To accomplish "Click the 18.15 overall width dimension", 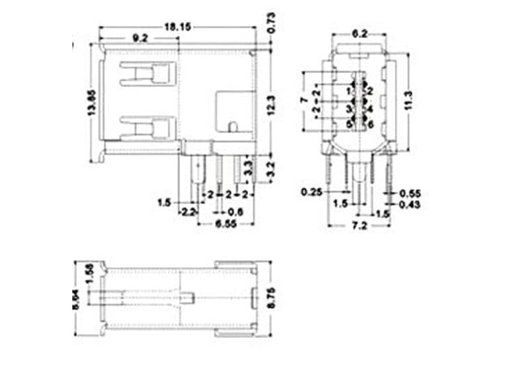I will [177, 27].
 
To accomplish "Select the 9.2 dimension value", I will [139, 37].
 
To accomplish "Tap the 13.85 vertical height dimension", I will [90, 103].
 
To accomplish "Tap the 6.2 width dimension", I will [360, 33].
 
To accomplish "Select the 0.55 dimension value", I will [413, 194].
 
